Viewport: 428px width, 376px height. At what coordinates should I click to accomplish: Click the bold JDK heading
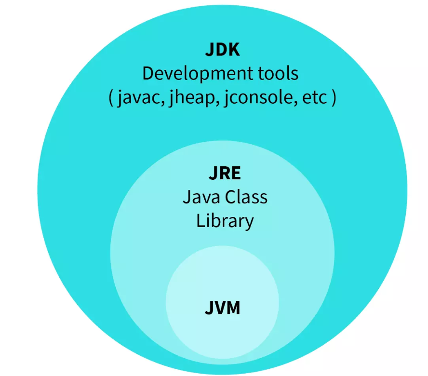coord(222,50)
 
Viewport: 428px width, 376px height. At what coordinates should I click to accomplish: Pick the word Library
coord(225,221)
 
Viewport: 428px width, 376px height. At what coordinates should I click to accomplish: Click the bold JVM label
coord(222,307)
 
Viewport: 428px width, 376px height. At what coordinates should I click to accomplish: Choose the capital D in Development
coord(148,74)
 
